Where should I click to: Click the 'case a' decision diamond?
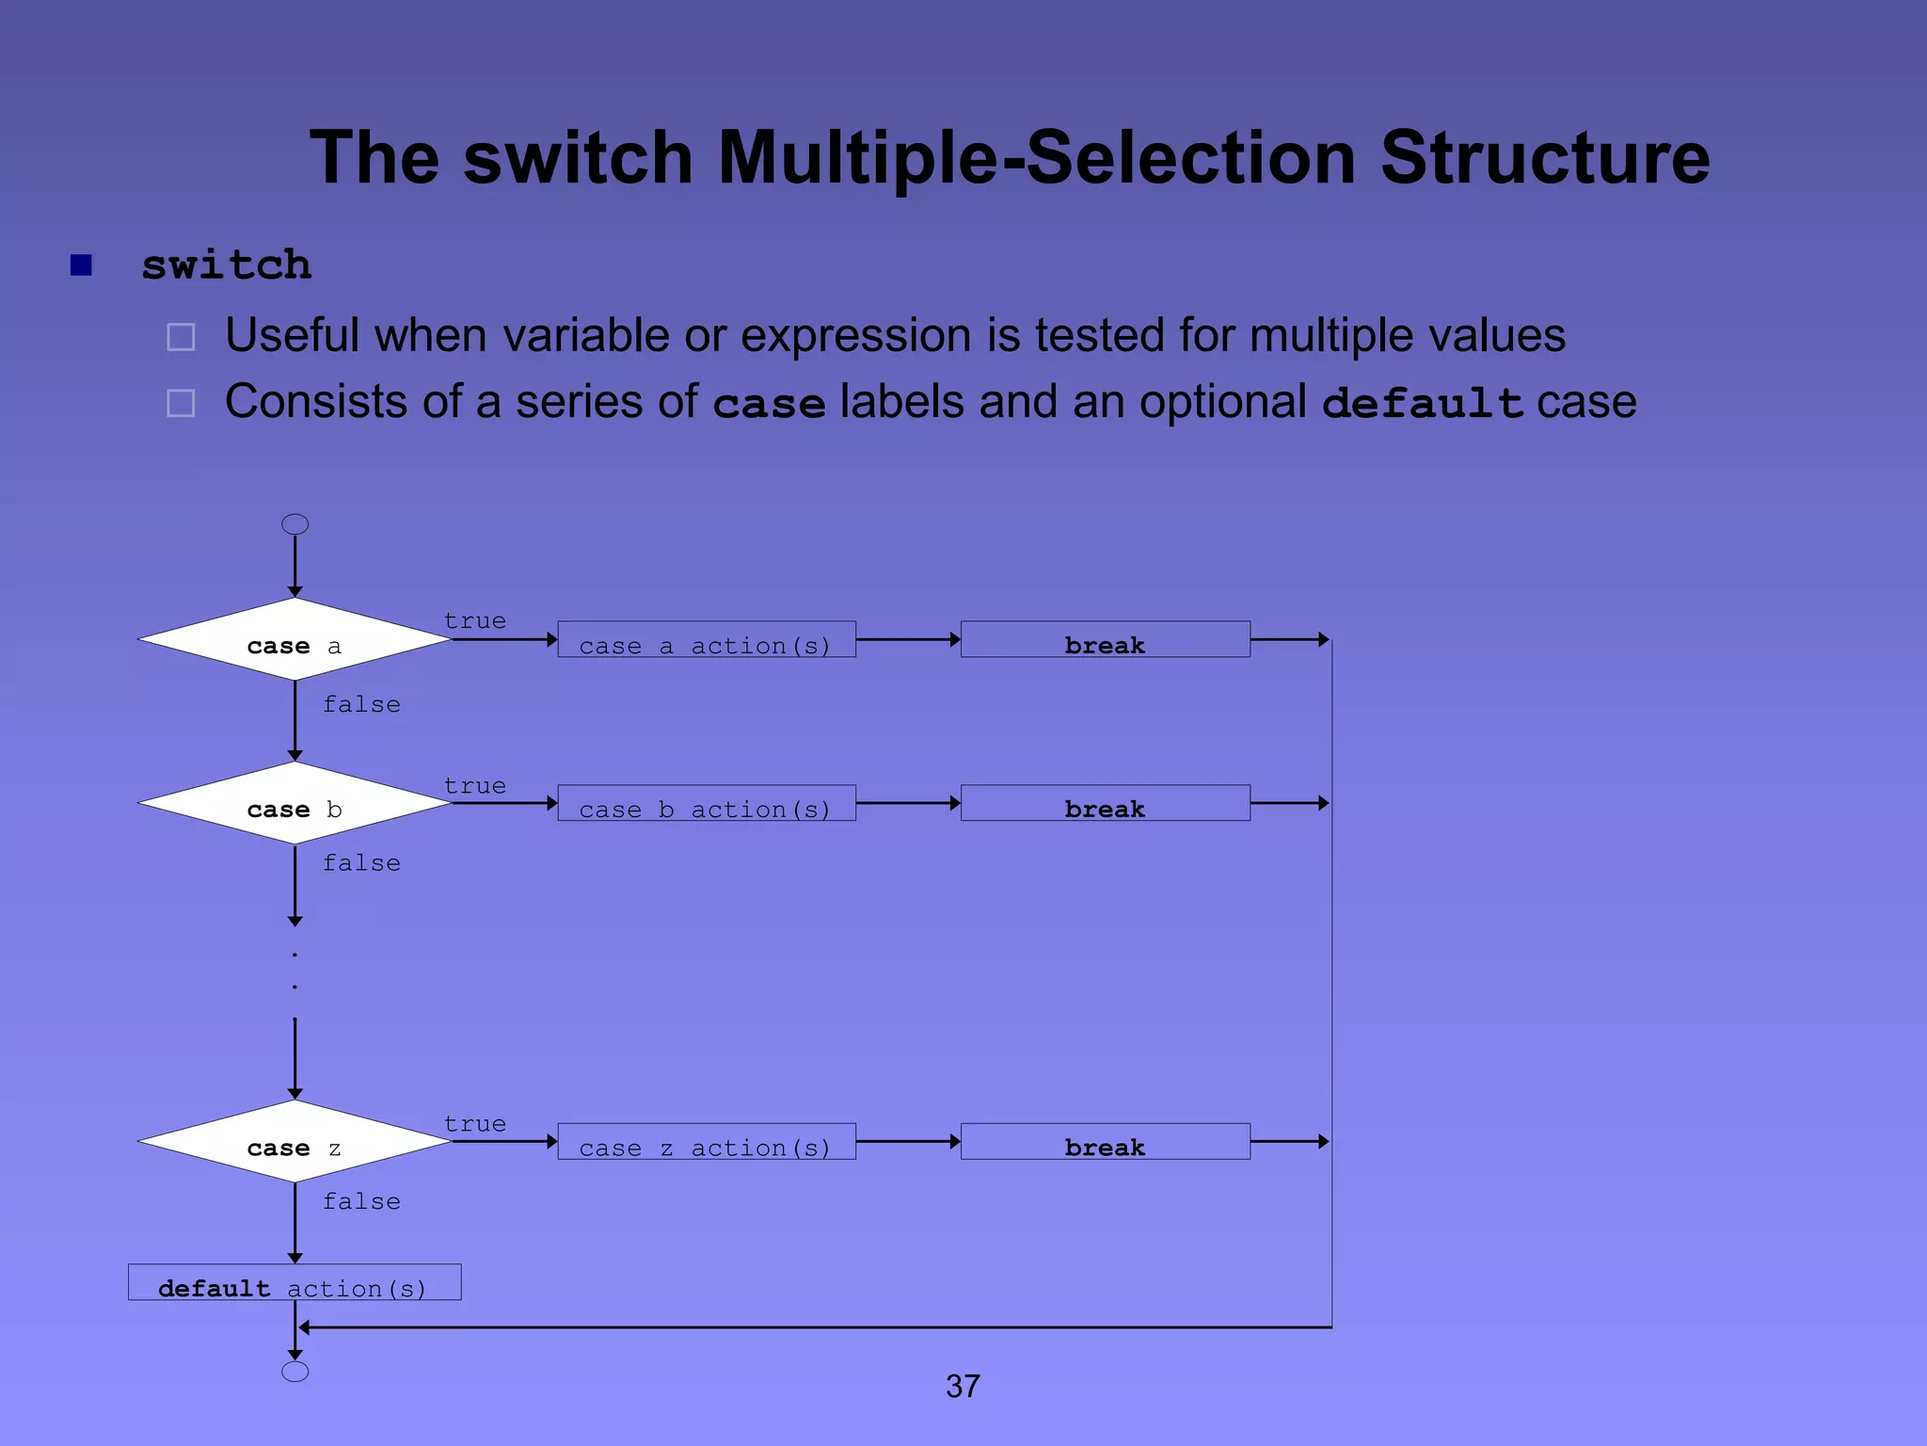click(x=295, y=640)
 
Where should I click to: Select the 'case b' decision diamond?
click(x=295, y=804)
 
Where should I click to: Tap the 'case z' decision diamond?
click(x=295, y=1142)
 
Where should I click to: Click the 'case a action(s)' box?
click(x=707, y=640)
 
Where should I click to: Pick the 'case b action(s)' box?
click(x=707, y=804)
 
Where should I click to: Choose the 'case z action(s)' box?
click(x=707, y=1142)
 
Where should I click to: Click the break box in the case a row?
click(x=1106, y=640)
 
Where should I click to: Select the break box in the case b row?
click(x=1106, y=804)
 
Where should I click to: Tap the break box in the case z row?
click(x=1106, y=1142)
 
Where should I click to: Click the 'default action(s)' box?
click(x=295, y=1283)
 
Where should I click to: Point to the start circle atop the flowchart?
click(x=295, y=524)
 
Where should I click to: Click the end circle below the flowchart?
click(x=295, y=1372)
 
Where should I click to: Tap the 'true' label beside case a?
click(x=475, y=621)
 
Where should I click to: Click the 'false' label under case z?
click(x=362, y=1202)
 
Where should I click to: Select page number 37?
click(x=963, y=1387)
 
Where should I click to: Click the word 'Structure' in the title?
click(x=1545, y=157)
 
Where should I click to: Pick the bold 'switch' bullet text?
click(x=227, y=265)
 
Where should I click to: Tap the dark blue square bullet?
click(x=82, y=265)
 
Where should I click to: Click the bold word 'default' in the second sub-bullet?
click(x=1422, y=403)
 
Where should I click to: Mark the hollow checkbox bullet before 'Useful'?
click(x=181, y=337)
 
